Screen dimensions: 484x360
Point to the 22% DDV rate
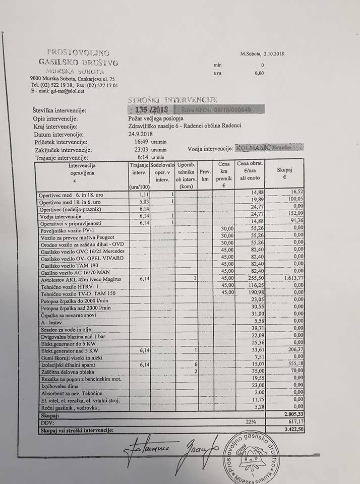tap(251, 421)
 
